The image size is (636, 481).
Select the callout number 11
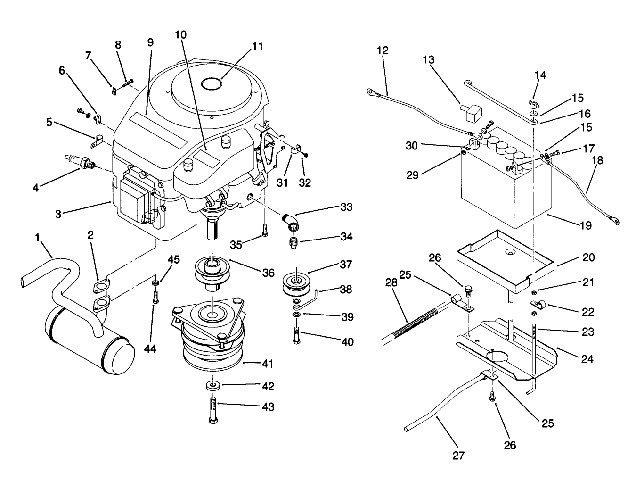(x=257, y=47)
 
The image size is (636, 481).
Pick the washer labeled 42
(x=213, y=386)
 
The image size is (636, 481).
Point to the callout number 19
(x=585, y=225)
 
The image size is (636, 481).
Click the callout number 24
(x=587, y=359)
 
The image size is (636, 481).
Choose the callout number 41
(x=268, y=364)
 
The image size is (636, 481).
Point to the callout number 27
(x=458, y=456)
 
